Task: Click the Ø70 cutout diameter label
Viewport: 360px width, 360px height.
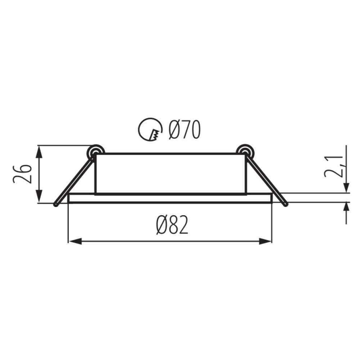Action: [185, 130]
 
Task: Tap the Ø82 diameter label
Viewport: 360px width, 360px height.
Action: [172, 225]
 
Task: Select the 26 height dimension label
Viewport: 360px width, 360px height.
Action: [22, 174]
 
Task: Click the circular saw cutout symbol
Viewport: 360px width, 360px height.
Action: [150, 130]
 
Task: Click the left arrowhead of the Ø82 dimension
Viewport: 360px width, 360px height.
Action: [75, 241]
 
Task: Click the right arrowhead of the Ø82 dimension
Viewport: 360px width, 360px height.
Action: [265, 241]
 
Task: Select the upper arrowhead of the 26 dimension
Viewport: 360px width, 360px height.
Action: [40, 152]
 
